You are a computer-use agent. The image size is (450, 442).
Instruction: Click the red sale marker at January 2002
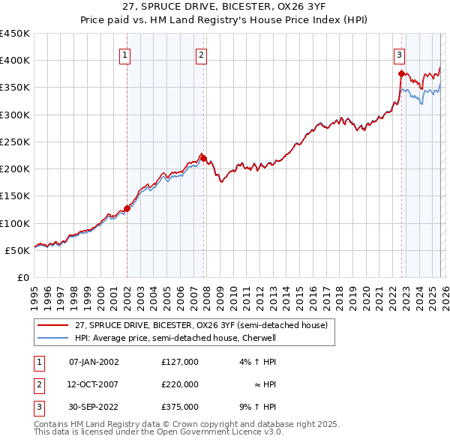point(127,209)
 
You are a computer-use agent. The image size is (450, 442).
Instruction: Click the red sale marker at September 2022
point(401,73)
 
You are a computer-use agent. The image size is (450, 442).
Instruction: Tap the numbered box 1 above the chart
point(124,54)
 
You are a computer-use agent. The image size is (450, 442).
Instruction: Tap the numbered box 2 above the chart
point(202,54)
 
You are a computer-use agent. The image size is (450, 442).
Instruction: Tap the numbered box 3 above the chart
point(400,54)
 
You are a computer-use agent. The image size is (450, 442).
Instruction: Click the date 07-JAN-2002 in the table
point(94,362)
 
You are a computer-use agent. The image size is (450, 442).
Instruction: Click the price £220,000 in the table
point(180,384)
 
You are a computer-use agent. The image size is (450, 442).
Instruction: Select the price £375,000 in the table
point(180,407)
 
